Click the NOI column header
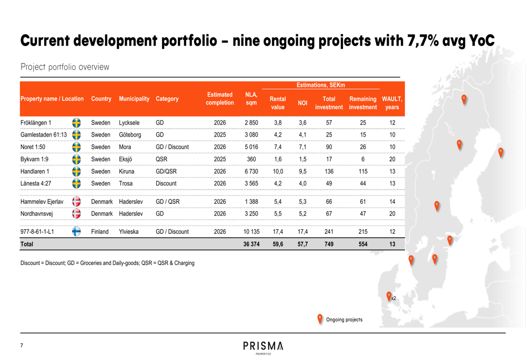(x=302, y=103)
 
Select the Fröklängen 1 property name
(x=36, y=123)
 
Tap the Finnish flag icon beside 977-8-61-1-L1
(x=76, y=231)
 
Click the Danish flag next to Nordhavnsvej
(x=76, y=213)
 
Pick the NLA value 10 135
(x=251, y=232)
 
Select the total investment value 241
(x=329, y=232)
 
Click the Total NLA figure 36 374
(x=251, y=244)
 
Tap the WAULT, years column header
(x=392, y=103)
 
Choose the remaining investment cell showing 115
(x=363, y=171)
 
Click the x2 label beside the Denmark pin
(x=393, y=299)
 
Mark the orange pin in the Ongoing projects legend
(x=320, y=318)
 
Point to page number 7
(x=22, y=345)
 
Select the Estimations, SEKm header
(x=320, y=85)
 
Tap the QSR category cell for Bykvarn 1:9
(x=161, y=159)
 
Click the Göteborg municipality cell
(x=130, y=135)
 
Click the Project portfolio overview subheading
(x=65, y=67)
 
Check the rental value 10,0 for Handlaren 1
(x=278, y=171)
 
